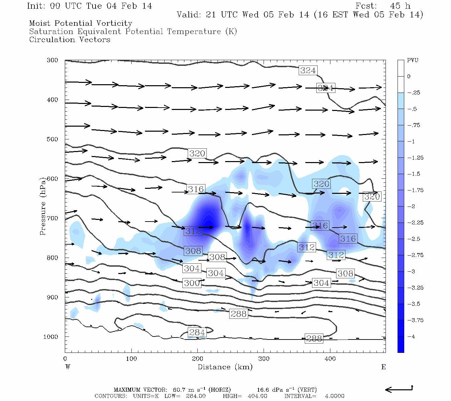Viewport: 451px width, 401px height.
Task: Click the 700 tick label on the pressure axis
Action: pyautogui.click(x=52, y=218)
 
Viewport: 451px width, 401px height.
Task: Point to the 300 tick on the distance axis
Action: pyautogui.click(x=264, y=359)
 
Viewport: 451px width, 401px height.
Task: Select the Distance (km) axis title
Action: pyautogui.click(x=225, y=367)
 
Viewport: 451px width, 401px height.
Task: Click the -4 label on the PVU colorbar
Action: pyautogui.click(x=411, y=337)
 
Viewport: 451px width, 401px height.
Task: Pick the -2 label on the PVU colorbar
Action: pyautogui.click(x=411, y=207)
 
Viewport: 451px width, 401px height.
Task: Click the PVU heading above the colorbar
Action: pyautogui.click(x=413, y=60)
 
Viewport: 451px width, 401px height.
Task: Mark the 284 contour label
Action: pyautogui.click(x=197, y=332)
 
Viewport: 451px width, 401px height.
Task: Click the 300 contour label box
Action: pyautogui.click(x=192, y=283)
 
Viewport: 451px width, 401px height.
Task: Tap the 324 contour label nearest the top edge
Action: pyautogui.click(x=308, y=71)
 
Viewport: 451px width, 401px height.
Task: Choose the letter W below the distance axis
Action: pyautogui.click(x=68, y=367)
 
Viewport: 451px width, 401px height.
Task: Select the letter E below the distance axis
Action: pyautogui.click(x=384, y=367)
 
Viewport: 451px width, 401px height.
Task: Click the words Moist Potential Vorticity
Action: pyautogui.click(x=81, y=23)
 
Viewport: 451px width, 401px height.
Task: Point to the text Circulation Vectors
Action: pyautogui.click(x=69, y=39)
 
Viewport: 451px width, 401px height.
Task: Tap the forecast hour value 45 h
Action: pyautogui.click(x=400, y=6)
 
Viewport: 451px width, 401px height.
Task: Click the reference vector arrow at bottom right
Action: pyautogui.click(x=399, y=389)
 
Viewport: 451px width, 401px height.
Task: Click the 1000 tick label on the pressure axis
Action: pyautogui.click(x=51, y=337)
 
